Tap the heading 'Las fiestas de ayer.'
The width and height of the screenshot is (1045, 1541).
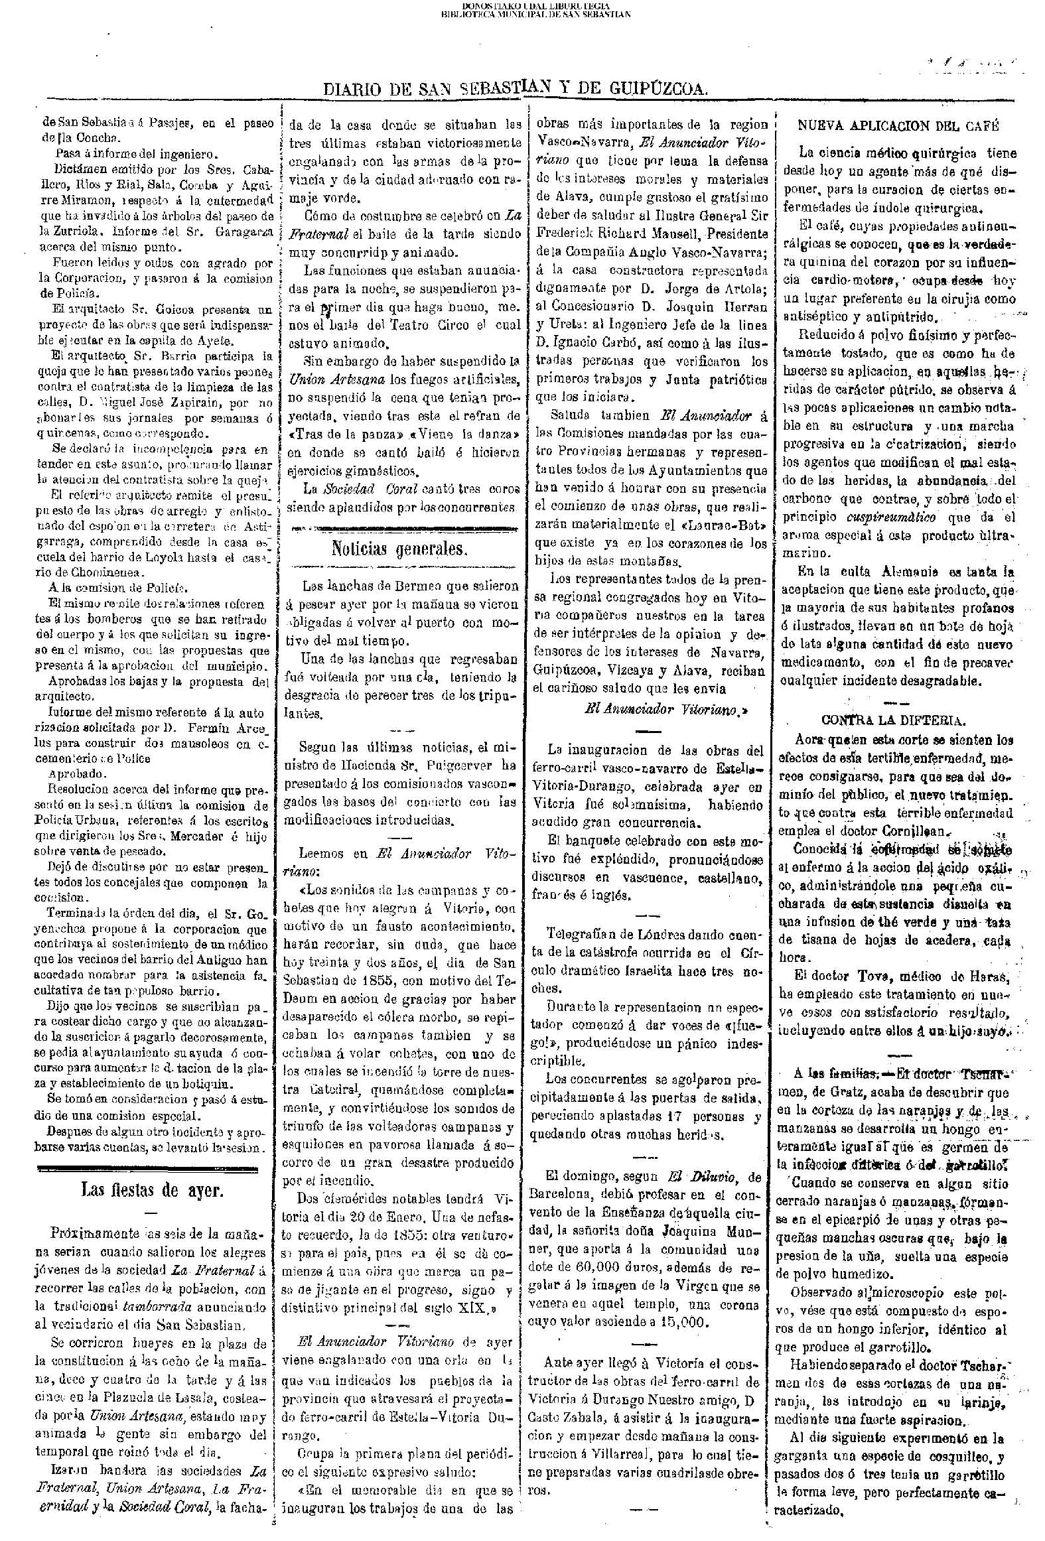click(x=153, y=1189)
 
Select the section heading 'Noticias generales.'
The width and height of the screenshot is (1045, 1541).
click(x=400, y=549)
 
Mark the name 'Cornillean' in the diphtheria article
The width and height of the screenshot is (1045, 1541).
click(x=916, y=831)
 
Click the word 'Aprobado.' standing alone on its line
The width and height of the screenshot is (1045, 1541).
click(x=76, y=773)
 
